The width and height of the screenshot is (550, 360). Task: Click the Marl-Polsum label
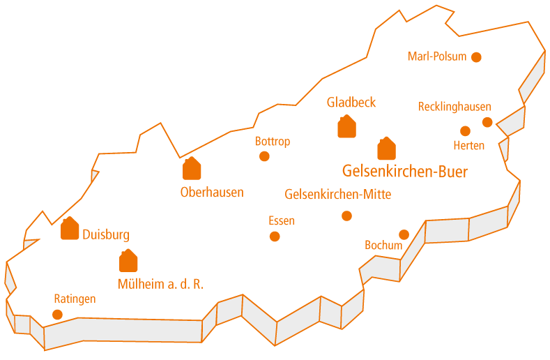437,57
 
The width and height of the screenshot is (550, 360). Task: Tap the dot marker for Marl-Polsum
476,57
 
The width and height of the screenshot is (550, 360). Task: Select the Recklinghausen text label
454,107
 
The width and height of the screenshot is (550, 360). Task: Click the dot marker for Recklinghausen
487,123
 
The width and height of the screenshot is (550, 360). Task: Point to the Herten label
468,145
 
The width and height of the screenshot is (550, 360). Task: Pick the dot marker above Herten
465,130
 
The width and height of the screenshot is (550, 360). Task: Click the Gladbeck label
351,103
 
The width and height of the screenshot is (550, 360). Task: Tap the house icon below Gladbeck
346,127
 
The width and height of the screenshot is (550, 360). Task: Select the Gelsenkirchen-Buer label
405,172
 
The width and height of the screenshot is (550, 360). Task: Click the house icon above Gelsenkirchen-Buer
386,149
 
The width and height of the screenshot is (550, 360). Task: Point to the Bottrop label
273,142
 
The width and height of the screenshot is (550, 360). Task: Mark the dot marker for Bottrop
264,156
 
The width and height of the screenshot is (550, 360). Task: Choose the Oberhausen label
212,192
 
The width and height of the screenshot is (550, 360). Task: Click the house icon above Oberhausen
192,168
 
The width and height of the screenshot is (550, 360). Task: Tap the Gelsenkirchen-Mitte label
338,195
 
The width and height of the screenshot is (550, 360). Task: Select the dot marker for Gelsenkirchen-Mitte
346,216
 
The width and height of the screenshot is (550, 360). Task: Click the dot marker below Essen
275,237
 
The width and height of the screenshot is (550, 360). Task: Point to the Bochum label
384,246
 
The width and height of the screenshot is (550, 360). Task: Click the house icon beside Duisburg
70,229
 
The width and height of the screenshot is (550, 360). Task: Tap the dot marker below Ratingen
57,315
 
